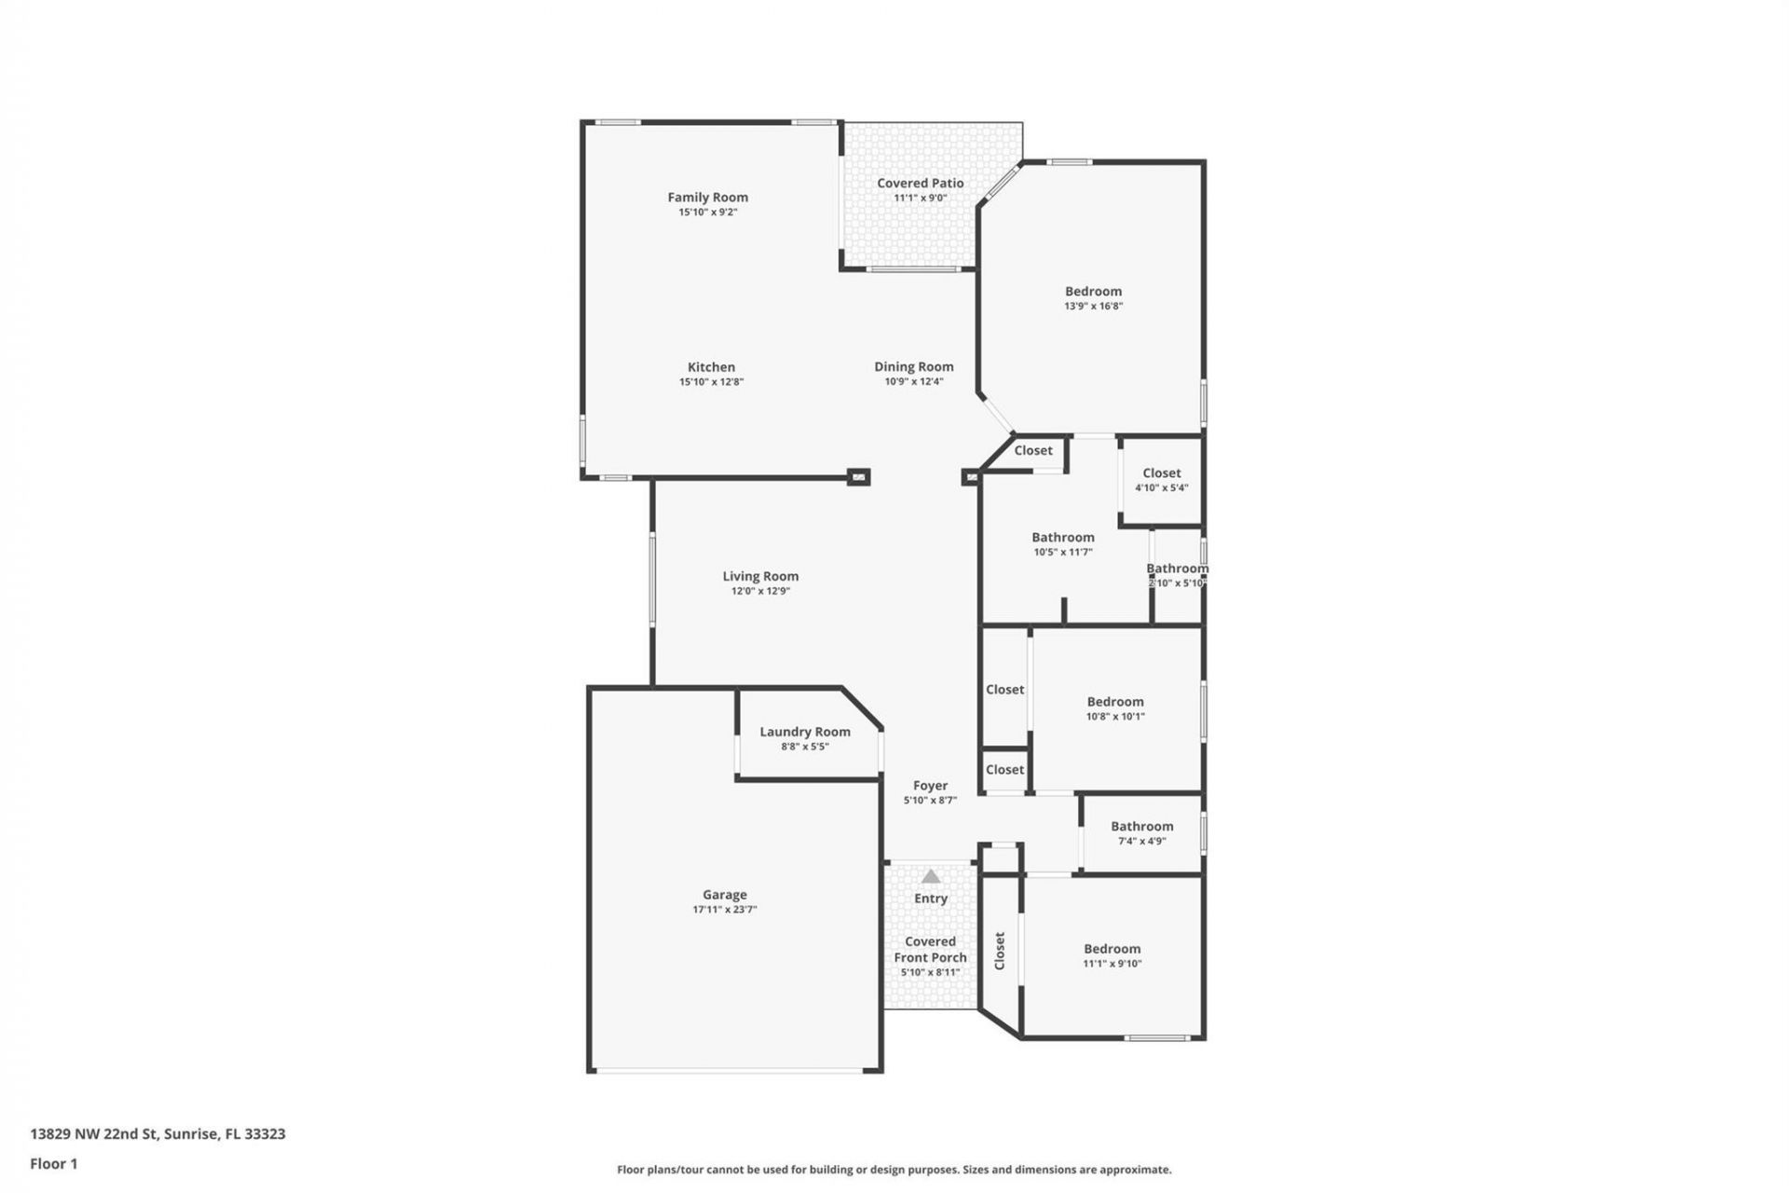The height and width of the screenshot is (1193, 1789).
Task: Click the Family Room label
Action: pyautogui.click(x=707, y=198)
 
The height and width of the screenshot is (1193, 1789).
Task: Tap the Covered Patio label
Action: pyautogui.click(x=920, y=184)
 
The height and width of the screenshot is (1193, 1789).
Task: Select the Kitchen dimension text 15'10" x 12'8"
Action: pyautogui.click(x=711, y=382)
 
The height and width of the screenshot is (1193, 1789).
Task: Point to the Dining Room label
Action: pyautogui.click(x=913, y=367)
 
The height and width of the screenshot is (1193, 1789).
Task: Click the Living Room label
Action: pyautogui.click(x=760, y=577)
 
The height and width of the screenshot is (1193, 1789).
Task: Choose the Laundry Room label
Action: pyautogui.click(x=804, y=733)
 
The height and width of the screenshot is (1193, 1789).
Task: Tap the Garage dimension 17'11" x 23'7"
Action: pyautogui.click(x=724, y=910)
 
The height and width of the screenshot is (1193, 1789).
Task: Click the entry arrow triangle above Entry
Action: pyautogui.click(x=931, y=876)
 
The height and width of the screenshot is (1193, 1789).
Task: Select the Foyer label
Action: pyautogui.click(x=930, y=787)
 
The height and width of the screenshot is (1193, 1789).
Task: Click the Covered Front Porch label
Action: pyautogui.click(x=930, y=950)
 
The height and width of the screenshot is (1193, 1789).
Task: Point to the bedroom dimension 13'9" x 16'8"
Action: pyautogui.click(x=1093, y=307)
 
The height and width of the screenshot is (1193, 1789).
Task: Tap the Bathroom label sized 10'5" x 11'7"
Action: pyautogui.click(x=1062, y=538)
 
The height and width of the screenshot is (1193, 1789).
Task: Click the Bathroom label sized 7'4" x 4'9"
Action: pyautogui.click(x=1141, y=827)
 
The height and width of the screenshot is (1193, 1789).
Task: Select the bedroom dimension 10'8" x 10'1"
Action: pyautogui.click(x=1114, y=717)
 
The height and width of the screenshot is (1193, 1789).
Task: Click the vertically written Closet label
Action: pyautogui.click(x=1000, y=951)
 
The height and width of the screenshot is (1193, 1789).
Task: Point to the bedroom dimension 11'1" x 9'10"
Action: pyautogui.click(x=1112, y=964)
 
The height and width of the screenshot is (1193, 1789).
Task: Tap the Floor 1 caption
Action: pyautogui.click(x=54, y=1164)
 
